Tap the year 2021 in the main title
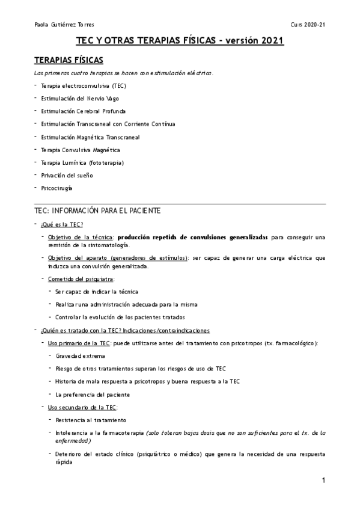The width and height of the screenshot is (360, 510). [x=268, y=41]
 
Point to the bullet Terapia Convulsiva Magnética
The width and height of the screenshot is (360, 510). [x=81, y=149]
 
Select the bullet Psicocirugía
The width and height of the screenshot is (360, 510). [x=56, y=188]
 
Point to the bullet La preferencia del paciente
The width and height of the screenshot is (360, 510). [x=93, y=395]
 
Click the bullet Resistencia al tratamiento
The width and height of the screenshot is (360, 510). [x=90, y=420]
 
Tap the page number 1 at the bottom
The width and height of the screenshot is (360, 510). [x=323, y=480]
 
